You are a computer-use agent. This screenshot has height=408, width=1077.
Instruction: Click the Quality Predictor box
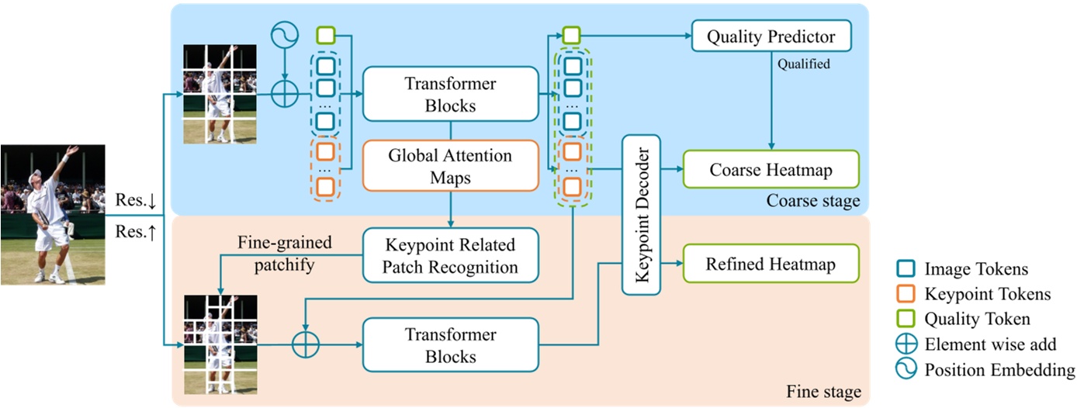pyautogui.click(x=771, y=36)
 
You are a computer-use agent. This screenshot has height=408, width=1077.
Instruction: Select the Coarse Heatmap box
pyautogui.click(x=771, y=170)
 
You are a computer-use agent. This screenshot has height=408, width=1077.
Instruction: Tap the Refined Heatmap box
pyautogui.click(x=771, y=264)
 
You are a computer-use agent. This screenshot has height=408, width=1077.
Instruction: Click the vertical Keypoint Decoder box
pyautogui.click(x=641, y=215)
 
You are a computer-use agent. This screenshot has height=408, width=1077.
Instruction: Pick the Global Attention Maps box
pyautogui.click(x=450, y=166)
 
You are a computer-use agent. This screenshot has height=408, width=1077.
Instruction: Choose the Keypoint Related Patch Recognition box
pyautogui.click(x=450, y=255)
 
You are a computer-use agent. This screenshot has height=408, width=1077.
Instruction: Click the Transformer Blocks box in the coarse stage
pyautogui.click(x=450, y=94)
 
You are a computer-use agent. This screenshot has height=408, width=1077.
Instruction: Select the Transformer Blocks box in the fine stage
pyautogui.click(x=450, y=345)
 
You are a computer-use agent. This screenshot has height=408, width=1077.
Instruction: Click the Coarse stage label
pyautogui.click(x=812, y=202)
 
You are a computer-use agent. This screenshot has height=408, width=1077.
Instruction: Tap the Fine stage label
pyautogui.click(x=822, y=392)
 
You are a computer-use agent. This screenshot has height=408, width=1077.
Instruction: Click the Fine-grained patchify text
pyautogui.click(x=284, y=253)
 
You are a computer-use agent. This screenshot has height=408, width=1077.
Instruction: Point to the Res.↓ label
pyautogui.click(x=136, y=200)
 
